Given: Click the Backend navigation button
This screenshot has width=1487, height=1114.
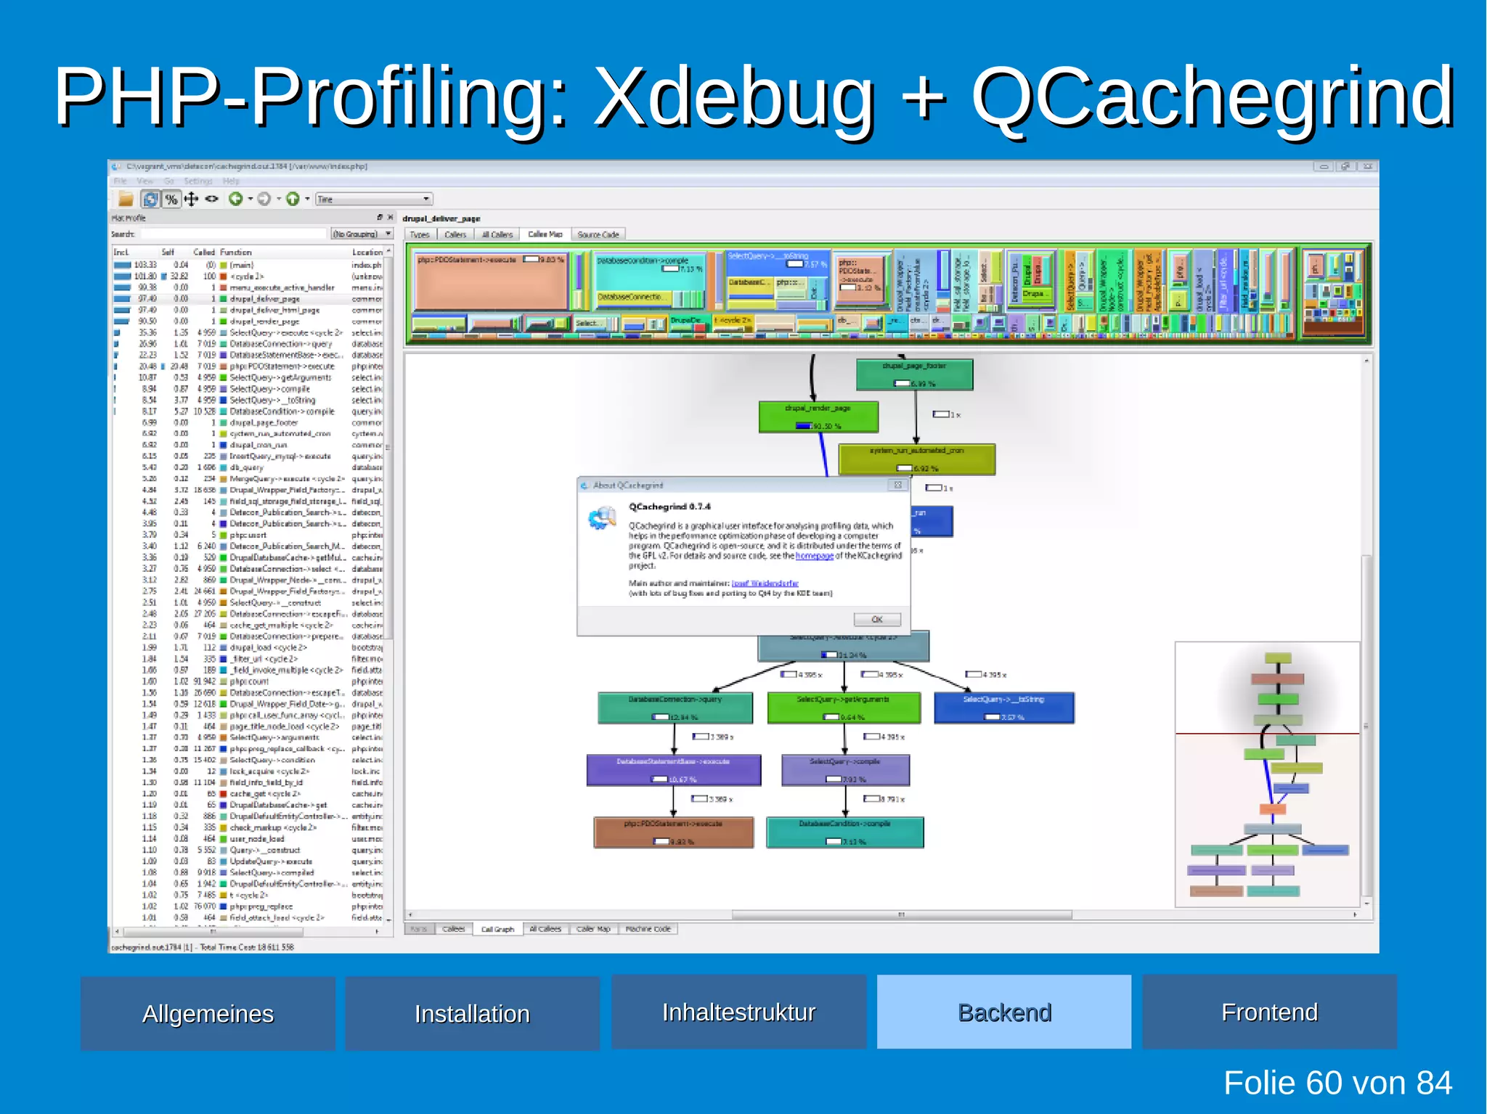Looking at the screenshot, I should [x=1003, y=1012].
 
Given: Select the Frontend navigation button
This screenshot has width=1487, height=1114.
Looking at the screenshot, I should [x=1268, y=1012].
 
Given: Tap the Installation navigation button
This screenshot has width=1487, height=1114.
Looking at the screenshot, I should [x=472, y=1013].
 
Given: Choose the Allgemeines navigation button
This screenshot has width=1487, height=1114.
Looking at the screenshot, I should [x=208, y=1013].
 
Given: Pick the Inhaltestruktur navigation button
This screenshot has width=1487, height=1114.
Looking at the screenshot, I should [x=738, y=1012].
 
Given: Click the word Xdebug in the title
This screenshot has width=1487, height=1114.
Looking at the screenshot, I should [x=733, y=98].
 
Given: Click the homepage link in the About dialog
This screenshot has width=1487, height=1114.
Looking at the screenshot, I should [x=814, y=556].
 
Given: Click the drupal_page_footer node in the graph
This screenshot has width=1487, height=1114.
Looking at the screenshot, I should [x=914, y=374].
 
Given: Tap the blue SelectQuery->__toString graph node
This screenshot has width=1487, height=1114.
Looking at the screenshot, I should [x=1003, y=708].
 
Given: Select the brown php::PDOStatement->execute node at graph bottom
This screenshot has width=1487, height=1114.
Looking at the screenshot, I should [x=673, y=832].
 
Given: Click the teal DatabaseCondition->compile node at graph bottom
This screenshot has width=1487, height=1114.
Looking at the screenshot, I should [x=844, y=832].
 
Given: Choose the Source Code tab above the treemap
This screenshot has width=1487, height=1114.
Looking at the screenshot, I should [x=598, y=234].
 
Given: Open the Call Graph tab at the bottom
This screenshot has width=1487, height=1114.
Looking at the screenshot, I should [x=497, y=929].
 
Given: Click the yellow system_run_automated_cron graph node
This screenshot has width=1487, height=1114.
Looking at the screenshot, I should [x=916, y=459].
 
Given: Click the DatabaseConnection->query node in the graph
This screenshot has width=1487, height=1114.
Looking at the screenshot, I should [x=675, y=708].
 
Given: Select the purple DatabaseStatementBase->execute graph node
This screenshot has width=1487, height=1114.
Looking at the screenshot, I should [x=673, y=770].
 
